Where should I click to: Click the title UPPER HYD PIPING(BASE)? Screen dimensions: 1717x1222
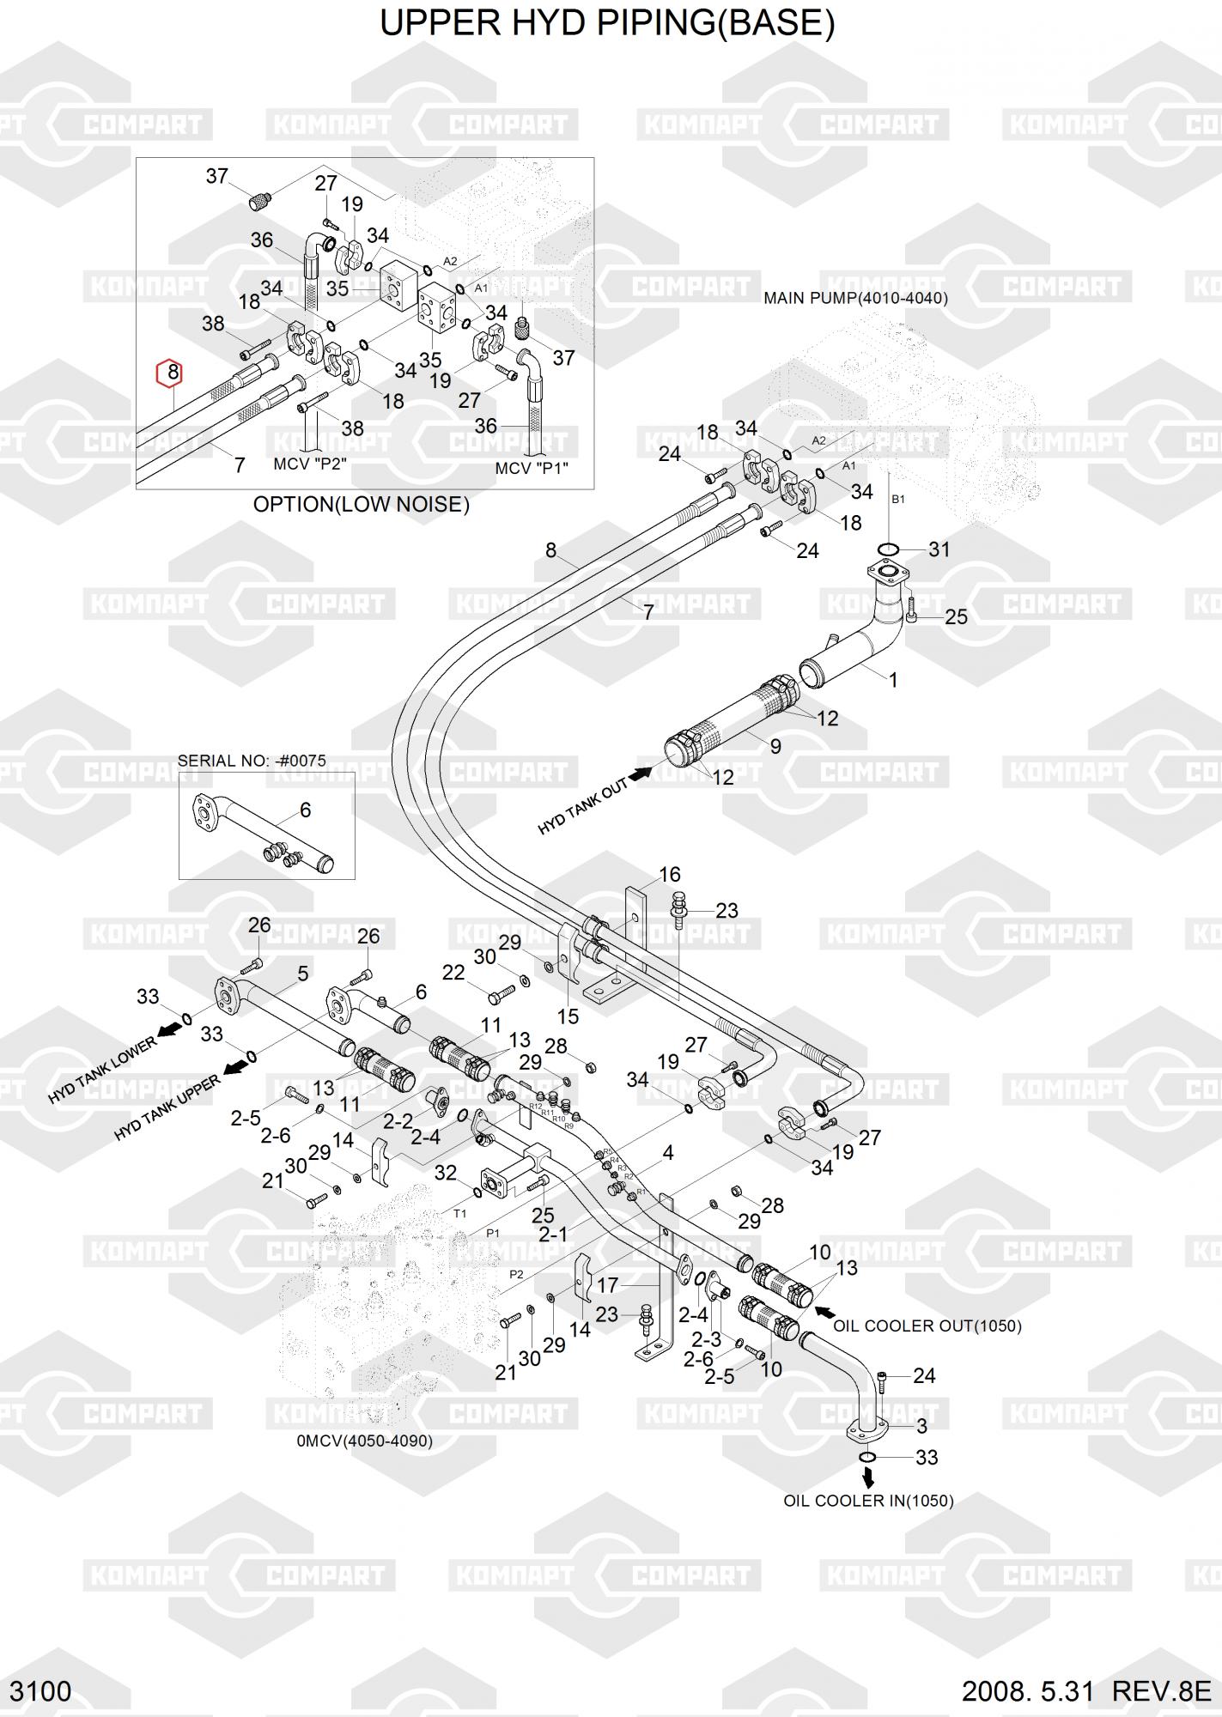607,23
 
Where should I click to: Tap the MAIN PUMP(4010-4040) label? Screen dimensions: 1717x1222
855,298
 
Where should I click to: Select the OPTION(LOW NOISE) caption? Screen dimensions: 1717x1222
361,504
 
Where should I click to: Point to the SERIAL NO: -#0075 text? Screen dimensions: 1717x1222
252,761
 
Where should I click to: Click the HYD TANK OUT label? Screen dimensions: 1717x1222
583,808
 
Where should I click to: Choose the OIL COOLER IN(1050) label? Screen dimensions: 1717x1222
868,1501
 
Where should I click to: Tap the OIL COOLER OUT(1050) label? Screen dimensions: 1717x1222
927,1326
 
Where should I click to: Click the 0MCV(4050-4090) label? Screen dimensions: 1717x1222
364,1441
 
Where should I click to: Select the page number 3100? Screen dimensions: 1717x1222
40,1691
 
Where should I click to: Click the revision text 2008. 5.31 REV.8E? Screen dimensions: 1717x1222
1085,1691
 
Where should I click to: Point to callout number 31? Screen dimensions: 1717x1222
939,549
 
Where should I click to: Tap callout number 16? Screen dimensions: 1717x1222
669,875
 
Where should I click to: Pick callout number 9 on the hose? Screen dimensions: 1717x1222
775,746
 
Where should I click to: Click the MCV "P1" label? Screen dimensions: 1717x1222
532,469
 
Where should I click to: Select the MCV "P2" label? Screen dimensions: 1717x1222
309,464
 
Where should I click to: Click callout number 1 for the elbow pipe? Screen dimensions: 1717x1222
892,680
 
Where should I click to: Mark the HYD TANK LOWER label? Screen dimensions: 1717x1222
102,1070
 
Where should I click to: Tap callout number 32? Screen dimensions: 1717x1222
446,1173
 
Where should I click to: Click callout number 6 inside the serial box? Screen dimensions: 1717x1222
305,810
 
